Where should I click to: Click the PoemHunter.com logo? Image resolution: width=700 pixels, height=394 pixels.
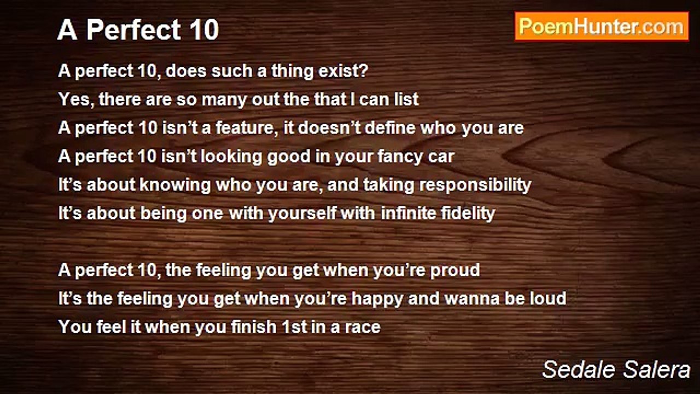[x=602, y=27]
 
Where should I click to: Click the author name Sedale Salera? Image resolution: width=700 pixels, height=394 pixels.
[x=616, y=369]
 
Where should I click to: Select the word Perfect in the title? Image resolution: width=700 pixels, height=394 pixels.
[x=133, y=30]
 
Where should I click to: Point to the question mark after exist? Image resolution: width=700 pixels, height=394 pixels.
[x=364, y=71]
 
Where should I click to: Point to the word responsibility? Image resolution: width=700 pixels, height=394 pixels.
[x=475, y=185]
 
